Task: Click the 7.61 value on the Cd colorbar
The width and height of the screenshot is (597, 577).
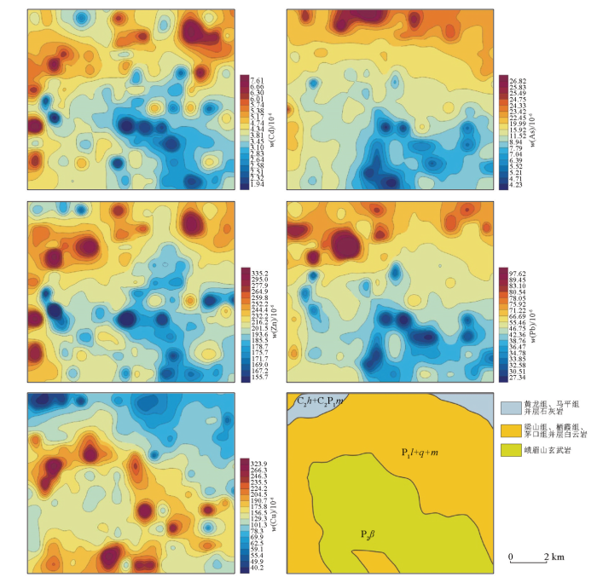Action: click(x=257, y=78)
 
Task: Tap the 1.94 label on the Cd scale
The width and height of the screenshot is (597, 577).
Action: click(x=257, y=185)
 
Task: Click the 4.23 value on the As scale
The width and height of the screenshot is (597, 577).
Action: click(x=514, y=185)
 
